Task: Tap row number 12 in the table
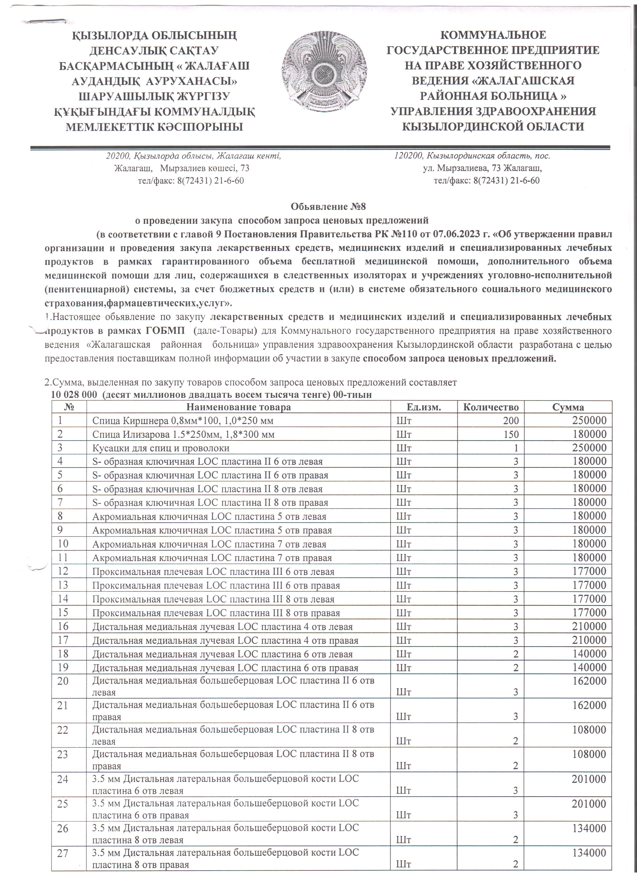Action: pos(63,571)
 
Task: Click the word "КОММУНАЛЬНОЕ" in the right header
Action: pos(493,35)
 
